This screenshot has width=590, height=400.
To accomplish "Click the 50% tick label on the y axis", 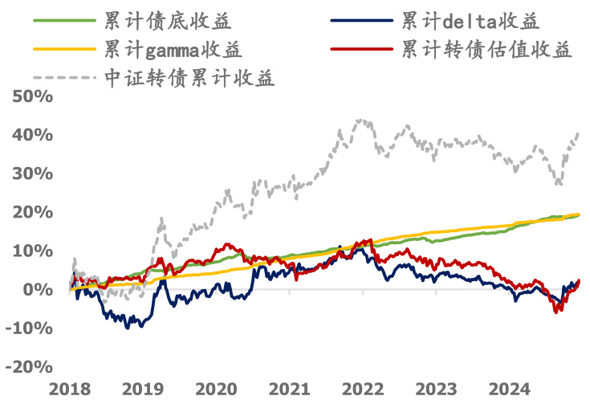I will [x=32, y=97].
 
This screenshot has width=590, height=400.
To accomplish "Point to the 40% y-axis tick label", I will [x=32, y=136].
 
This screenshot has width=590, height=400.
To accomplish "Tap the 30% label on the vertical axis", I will [x=32, y=174].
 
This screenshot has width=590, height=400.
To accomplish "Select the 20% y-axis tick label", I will [x=32, y=213].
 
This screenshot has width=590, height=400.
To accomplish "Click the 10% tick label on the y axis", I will [x=32, y=251].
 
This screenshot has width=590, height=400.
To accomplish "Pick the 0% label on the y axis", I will [x=37, y=290].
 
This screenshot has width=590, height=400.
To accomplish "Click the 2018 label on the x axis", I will [x=70, y=390].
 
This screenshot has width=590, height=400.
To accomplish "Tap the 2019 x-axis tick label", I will [x=143, y=390].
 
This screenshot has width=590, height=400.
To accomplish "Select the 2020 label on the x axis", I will [x=216, y=390].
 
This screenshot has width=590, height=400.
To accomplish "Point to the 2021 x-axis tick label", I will [x=289, y=390].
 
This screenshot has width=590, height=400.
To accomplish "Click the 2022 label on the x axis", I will [x=362, y=390].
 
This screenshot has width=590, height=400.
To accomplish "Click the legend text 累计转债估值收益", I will [x=487, y=50].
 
